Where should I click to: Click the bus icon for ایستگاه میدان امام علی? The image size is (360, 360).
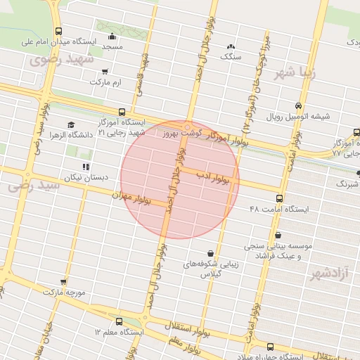58,31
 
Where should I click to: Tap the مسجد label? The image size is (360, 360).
112,46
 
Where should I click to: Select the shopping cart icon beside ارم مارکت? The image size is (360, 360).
105,71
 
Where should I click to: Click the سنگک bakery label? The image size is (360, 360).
231,56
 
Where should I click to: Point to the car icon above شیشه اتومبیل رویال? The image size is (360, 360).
299,105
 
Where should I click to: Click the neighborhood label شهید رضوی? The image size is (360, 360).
62,60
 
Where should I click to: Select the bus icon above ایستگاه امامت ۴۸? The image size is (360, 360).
279,198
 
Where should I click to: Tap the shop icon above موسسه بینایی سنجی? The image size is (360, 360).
278,235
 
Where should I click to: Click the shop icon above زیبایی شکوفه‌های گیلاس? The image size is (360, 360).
211,252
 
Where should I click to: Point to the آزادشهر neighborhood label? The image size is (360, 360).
328,274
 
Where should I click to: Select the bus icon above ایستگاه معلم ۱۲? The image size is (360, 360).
118,320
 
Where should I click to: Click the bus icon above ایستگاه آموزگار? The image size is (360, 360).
122,111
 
